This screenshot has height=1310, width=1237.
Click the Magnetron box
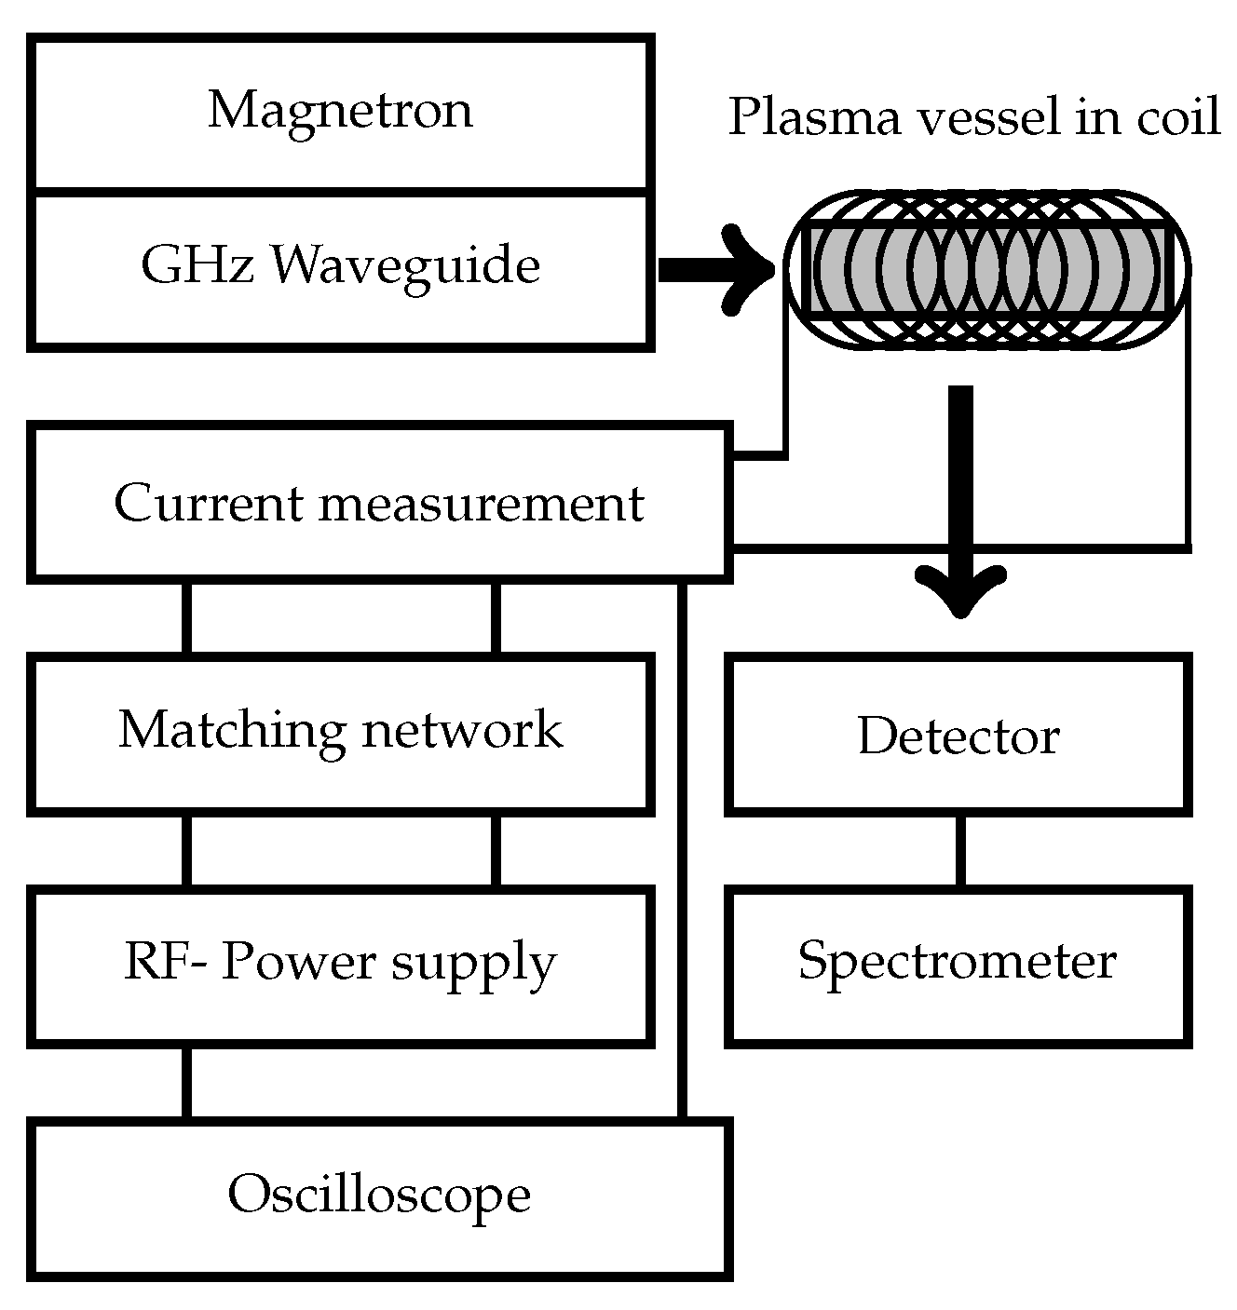pyautogui.click(x=340, y=112)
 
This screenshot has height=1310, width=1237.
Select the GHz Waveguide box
pyautogui.click(x=340, y=267)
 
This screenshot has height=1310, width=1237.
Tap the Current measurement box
pyautogui.click(x=379, y=504)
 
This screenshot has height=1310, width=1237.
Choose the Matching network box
pyautogui.click(x=340, y=730)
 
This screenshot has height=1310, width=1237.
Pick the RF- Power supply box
pyautogui.click(x=340, y=963)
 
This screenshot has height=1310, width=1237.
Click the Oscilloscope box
pyautogui.click(x=379, y=1195)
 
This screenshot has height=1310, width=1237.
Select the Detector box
pyautogui.click(x=958, y=736)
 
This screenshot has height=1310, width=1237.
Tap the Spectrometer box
pyautogui.click(x=958, y=963)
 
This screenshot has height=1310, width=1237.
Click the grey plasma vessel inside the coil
pyautogui.click(x=987, y=270)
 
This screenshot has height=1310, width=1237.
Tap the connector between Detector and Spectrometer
pyautogui.click(x=959, y=851)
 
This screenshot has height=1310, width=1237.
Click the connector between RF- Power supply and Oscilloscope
pyautogui.click(x=187, y=1082)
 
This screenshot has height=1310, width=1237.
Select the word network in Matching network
pyautogui.click(x=462, y=730)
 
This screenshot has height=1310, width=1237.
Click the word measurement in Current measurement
pyautogui.click(x=481, y=504)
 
